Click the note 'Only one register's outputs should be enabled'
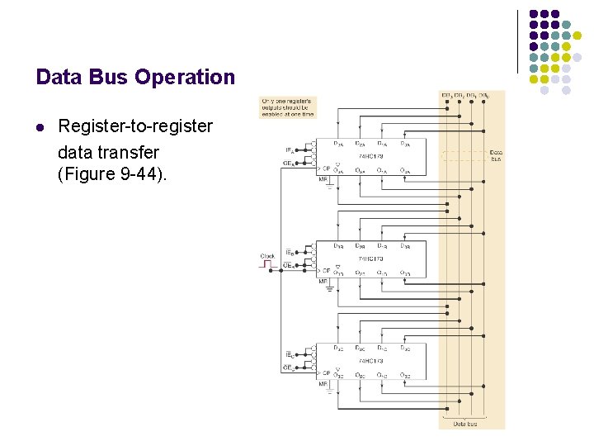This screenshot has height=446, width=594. (x=288, y=107)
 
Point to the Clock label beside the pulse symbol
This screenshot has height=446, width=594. (x=267, y=256)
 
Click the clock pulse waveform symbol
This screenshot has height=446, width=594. (x=270, y=266)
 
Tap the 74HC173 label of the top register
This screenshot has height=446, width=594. (x=370, y=156)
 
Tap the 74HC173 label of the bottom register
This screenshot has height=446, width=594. (x=370, y=361)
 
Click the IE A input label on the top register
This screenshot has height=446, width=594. (x=290, y=149)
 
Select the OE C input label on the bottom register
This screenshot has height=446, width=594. (x=290, y=368)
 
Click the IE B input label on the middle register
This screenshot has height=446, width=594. (x=290, y=252)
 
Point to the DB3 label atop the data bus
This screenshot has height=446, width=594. (x=446, y=95)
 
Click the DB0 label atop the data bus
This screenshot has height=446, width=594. (x=486, y=95)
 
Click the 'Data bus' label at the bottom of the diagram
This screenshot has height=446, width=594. (x=464, y=424)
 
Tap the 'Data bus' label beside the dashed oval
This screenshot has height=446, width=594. (x=496, y=154)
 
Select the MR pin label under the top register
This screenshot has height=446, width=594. (x=323, y=179)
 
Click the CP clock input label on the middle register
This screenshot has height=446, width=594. (x=326, y=271)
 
